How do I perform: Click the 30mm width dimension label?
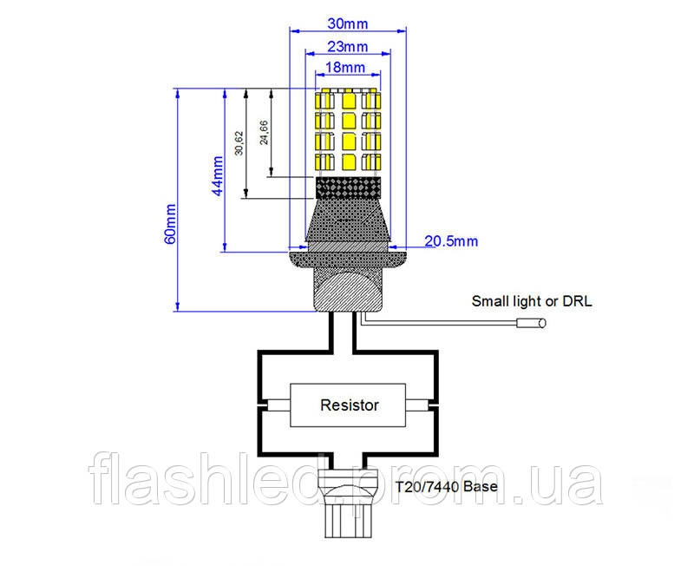tap(348, 23)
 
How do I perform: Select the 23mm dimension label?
tap(348, 46)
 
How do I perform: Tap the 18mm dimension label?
tap(345, 68)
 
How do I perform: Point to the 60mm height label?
tap(170, 224)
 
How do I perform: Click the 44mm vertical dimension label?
tap(218, 175)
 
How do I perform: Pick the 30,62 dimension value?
tap(239, 142)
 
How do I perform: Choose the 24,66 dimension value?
tap(265, 133)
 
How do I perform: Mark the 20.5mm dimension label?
tap(451, 241)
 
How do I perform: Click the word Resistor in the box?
tap(350, 405)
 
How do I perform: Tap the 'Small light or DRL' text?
tap(532, 301)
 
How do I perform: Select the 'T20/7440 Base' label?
tap(446, 487)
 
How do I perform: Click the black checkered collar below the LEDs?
tap(348, 188)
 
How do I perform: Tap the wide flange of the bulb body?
tap(348, 260)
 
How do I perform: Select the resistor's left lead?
tap(277, 405)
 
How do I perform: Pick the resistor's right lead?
tap(418, 405)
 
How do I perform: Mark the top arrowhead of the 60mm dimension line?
tap(178, 93)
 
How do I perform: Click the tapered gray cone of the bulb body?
tap(348, 220)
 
